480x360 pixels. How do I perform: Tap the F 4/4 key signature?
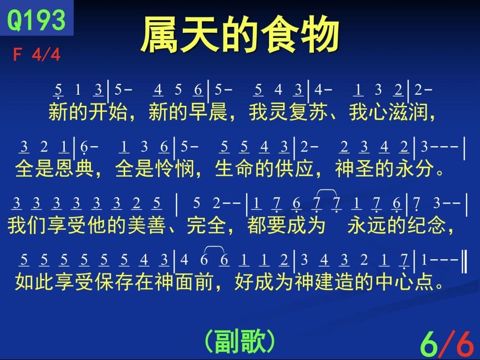pos(37,55)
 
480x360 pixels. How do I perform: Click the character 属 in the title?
pos(160,35)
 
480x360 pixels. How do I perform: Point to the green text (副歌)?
pos(240,341)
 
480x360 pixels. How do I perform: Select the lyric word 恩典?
pos(75,168)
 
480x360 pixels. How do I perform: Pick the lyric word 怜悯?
pos(175,168)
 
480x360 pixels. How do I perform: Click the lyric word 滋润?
pos(408,112)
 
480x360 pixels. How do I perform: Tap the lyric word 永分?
pos(415,168)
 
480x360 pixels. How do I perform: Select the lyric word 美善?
pos(147,225)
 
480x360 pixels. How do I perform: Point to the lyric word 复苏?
pos(308,112)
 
